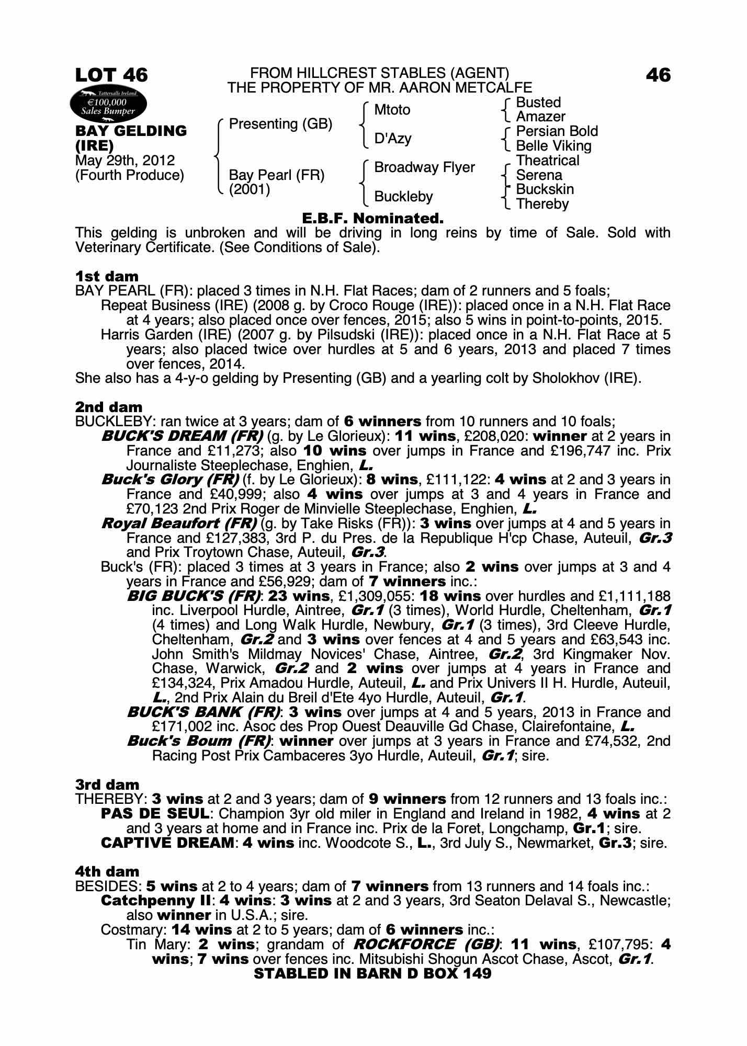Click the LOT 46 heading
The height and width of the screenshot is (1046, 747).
pyautogui.click(x=111, y=75)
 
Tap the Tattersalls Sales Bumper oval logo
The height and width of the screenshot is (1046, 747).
pyautogui.click(x=108, y=106)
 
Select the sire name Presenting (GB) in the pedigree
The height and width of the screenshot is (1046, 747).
pyautogui.click(x=280, y=124)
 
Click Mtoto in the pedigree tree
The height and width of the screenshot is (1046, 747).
pyautogui.click(x=392, y=110)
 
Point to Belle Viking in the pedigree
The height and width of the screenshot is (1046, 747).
pyautogui.click(x=553, y=146)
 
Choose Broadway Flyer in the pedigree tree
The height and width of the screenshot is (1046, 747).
pyautogui.click(x=424, y=167)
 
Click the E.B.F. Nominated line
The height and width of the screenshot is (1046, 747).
pyautogui.click(x=373, y=218)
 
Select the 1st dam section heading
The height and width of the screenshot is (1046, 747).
pyautogui.click(x=107, y=276)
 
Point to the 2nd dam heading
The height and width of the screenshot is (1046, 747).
pyautogui.click(x=109, y=407)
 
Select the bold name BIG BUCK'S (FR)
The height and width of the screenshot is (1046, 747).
pyautogui.click(x=194, y=596)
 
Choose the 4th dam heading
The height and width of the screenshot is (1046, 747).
pyautogui.click(x=107, y=871)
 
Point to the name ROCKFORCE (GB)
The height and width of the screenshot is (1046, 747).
pyautogui.click(x=426, y=945)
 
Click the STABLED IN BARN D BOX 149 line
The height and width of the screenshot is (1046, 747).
pyautogui.click(x=372, y=973)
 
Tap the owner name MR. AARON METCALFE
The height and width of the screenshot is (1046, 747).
pyautogui.click(x=450, y=88)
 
